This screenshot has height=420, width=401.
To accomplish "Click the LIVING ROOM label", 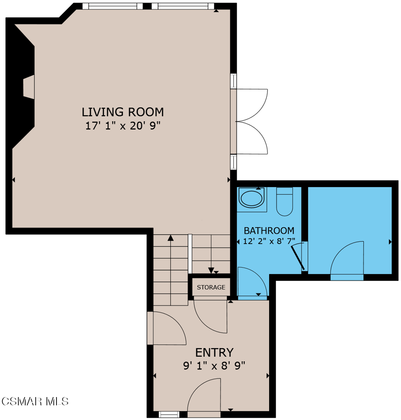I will (122, 112).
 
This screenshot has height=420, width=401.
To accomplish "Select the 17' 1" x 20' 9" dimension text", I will (122, 126).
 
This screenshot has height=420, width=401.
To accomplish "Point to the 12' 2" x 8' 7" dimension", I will (269, 241).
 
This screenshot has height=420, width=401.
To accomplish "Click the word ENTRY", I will (214, 352).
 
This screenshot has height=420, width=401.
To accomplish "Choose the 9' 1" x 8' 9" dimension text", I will (214, 365).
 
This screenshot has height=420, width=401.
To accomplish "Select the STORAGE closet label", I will (211, 287).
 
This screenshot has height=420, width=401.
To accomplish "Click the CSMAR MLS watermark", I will (35, 401).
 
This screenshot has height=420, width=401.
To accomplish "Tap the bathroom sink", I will (251, 199).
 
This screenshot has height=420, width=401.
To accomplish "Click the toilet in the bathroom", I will (285, 201).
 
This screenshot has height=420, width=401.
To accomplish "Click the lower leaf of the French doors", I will (251, 138).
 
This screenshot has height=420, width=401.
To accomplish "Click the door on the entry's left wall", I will (167, 328).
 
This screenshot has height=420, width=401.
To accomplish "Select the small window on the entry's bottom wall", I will (169, 414).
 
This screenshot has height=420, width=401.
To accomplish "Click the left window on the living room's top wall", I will (113, 6).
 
